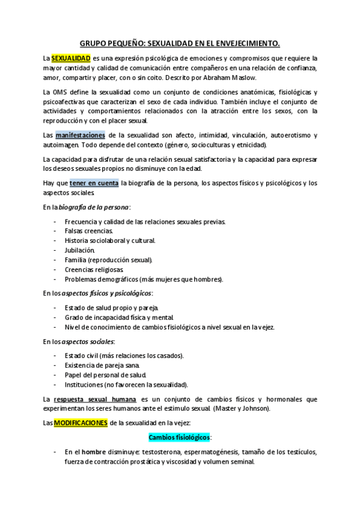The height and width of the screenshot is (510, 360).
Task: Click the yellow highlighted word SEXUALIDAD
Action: click(x=71, y=58)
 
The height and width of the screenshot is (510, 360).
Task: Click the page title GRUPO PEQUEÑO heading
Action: click(x=180, y=43)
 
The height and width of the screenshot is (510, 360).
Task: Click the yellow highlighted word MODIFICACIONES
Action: click(x=81, y=422)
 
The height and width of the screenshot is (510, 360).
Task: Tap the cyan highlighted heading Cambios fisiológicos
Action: click(x=180, y=437)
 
